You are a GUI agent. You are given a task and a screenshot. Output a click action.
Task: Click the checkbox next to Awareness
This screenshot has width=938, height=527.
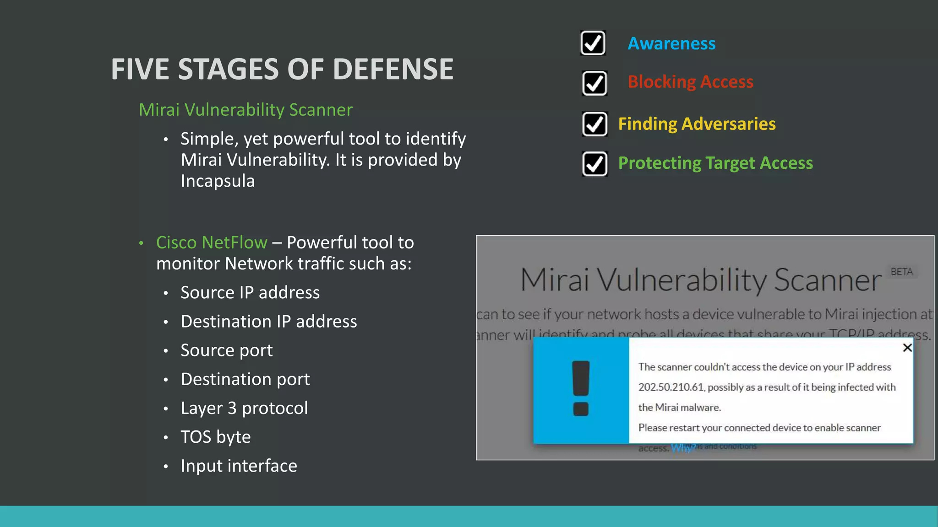(x=593, y=43)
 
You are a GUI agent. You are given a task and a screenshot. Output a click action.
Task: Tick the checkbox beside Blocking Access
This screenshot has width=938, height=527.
(x=594, y=83)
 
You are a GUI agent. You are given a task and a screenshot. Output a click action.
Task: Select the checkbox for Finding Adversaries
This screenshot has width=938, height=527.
(x=594, y=124)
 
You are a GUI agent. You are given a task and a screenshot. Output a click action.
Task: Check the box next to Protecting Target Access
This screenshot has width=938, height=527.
(x=594, y=164)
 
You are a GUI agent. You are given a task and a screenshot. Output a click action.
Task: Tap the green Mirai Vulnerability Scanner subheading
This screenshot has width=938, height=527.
(x=245, y=110)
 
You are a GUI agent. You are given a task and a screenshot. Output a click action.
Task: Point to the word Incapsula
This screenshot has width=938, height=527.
(x=218, y=181)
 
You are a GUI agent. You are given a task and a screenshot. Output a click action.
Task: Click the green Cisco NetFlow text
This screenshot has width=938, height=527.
(x=212, y=242)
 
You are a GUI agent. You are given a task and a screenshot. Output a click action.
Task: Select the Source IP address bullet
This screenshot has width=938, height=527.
(x=250, y=293)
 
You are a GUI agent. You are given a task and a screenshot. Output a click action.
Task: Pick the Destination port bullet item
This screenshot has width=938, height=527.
(x=245, y=379)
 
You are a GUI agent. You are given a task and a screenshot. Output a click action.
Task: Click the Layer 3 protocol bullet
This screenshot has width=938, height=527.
(x=244, y=408)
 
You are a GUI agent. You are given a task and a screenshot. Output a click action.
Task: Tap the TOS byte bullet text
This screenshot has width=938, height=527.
(x=216, y=437)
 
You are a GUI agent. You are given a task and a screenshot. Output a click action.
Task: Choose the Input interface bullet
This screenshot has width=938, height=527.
(x=239, y=466)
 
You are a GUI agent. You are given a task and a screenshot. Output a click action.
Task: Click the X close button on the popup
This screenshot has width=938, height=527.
(x=907, y=348)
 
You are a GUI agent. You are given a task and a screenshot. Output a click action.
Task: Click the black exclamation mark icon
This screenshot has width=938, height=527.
(x=581, y=388)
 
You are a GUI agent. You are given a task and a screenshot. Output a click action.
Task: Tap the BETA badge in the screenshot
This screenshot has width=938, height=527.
(x=901, y=272)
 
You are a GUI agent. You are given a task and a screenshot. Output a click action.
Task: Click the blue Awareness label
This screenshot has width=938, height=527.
(x=671, y=43)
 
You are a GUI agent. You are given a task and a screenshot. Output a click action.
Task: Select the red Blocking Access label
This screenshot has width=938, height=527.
(x=690, y=82)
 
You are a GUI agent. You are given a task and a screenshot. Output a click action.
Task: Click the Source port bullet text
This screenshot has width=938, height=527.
(x=227, y=350)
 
